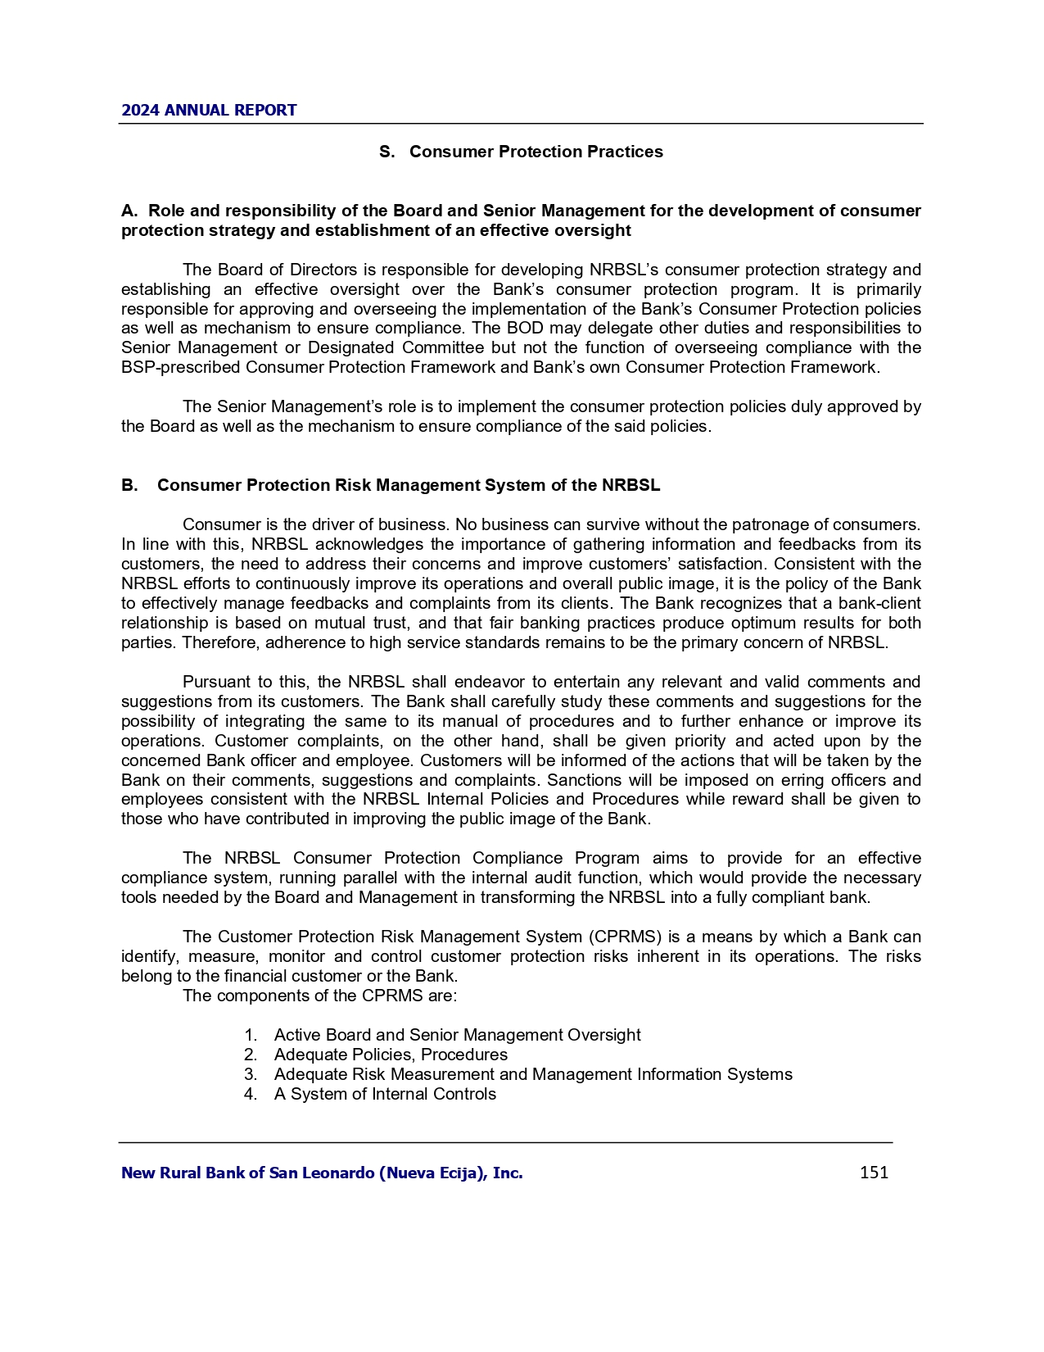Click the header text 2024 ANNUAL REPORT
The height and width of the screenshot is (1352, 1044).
click(209, 111)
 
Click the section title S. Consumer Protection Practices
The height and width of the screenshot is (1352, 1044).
click(521, 152)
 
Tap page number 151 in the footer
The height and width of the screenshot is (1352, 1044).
click(874, 1173)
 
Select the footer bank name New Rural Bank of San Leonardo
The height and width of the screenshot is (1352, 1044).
click(322, 1173)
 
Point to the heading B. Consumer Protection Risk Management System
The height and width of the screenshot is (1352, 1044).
click(391, 485)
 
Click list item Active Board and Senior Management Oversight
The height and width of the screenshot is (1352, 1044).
click(457, 1035)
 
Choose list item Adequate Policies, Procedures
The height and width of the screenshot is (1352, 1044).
click(391, 1055)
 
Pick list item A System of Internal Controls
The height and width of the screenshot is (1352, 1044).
click(385, 1094)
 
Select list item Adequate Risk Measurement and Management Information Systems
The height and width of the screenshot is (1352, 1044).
click(533, 1074)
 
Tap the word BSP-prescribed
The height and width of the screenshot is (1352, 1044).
click(181, 367)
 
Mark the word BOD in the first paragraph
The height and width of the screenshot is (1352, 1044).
click(507, 328)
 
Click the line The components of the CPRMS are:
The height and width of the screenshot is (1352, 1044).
click(319, 996)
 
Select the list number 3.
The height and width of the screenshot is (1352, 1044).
click(250, 1074)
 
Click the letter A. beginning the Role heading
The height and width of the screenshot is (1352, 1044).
click(129, 211)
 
